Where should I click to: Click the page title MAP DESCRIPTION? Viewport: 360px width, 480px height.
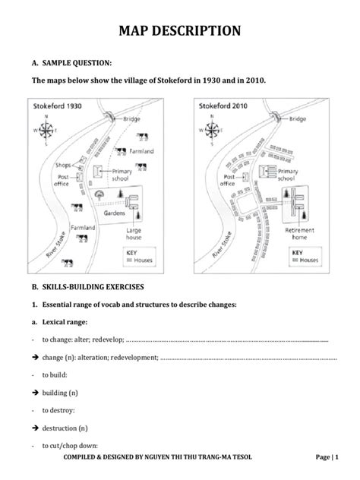(x=180, y=30)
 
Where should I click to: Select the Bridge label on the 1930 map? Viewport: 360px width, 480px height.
(x=133, y=119)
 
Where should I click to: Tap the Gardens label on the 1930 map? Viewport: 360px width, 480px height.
(x=115, y=213)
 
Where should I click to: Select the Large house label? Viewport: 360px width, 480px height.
(x=134, y=232)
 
